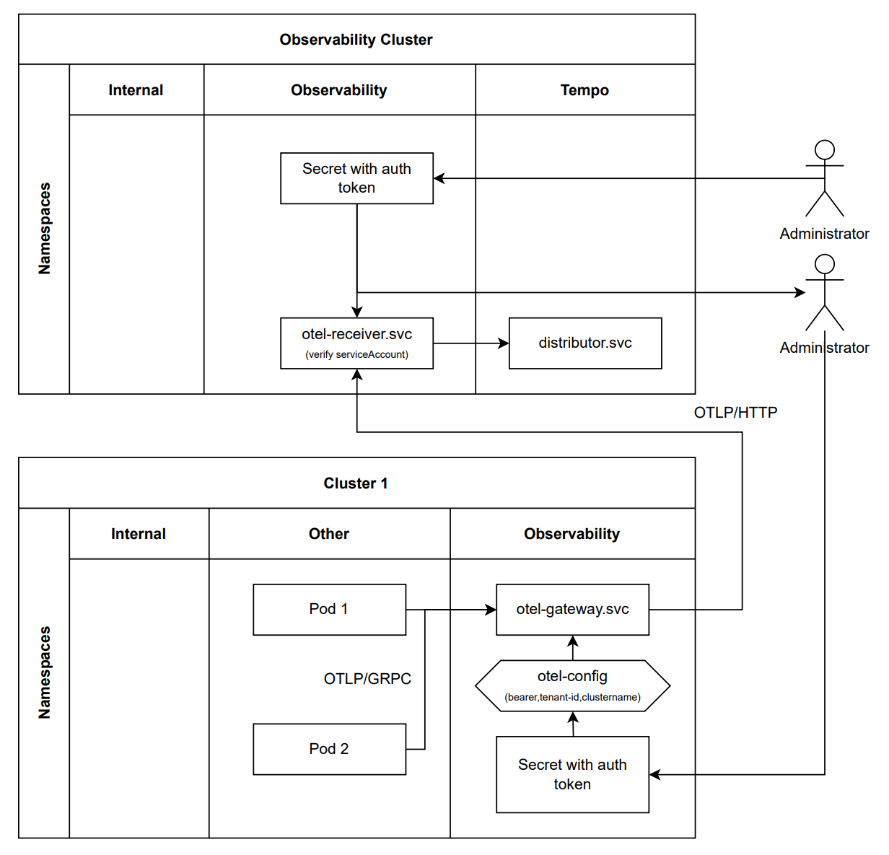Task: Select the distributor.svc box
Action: click(585, 343)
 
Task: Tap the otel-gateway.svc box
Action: click(572, 610)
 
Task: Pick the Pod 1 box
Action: click(329, 610)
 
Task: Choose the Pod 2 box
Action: click(329, 749)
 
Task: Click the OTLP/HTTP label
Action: click(735, 413)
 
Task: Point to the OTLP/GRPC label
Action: click(367, 679)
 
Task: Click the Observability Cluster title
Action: click(356, 40)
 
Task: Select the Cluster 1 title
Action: click(356, 483)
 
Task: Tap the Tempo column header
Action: click(584, 90)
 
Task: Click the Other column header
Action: click(329, 534)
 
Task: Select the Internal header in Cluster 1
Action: click(139, 534)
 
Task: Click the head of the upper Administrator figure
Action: click(825, 150)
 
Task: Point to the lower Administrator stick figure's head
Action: click(825, 264)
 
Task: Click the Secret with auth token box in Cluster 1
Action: click(572, 774)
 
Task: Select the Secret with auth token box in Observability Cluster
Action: click(356, 178)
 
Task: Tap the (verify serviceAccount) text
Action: click(356, 354)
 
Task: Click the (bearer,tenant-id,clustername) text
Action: click(572, 697)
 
